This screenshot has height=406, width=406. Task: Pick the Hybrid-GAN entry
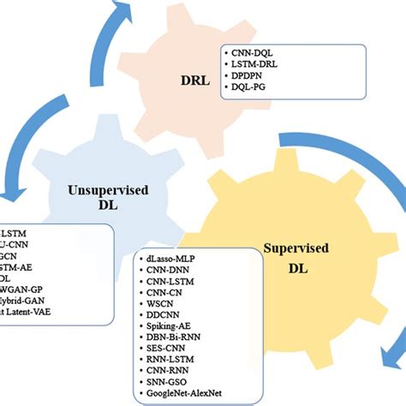21,302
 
